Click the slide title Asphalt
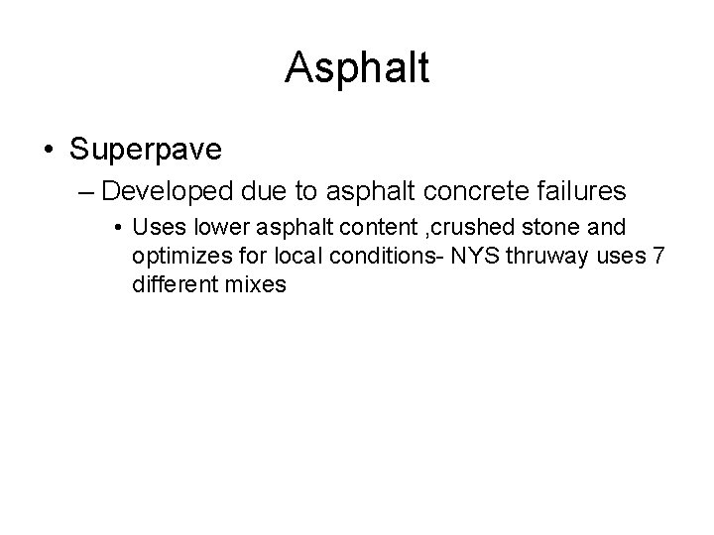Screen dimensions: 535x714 click(x=357, y=68)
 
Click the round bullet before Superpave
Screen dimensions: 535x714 click(x=49, y=149)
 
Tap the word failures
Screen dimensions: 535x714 click(x=578, y=190)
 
